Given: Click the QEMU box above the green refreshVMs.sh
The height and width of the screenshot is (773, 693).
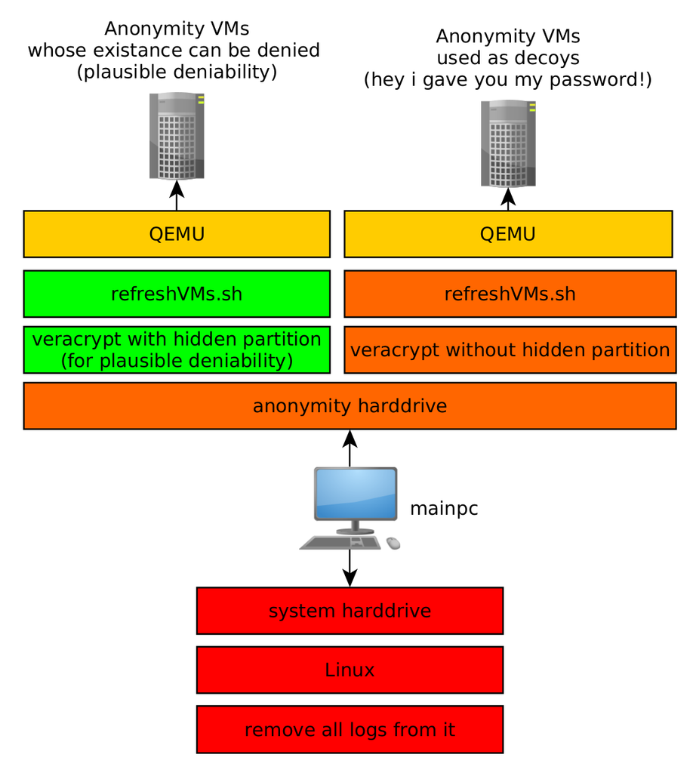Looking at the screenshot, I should coord(177,234).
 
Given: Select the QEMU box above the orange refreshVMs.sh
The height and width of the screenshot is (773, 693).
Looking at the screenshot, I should coord(507,234).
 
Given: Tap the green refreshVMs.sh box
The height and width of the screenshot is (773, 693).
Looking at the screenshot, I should coord(177,294).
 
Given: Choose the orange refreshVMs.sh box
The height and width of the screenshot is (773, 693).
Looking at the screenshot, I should coord(510,294).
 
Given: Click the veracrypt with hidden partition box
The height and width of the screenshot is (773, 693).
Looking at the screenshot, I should coord(177,350).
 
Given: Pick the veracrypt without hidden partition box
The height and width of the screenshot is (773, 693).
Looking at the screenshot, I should coord(510,350).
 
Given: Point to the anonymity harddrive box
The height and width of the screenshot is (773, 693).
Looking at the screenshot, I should coord(350,406).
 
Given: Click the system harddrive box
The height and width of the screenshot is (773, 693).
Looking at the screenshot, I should coord(350,611).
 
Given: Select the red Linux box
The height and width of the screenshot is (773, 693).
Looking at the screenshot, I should coord(350,670).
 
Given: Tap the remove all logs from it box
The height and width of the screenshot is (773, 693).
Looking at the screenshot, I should coord(350,729).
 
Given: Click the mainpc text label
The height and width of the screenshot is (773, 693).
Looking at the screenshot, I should coord(443,510).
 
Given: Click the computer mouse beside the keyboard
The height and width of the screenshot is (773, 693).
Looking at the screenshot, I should coord(393,543).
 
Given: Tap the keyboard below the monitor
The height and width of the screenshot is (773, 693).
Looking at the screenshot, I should coord(341,542).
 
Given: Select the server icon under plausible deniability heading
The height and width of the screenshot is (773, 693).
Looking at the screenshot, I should coord(177,136).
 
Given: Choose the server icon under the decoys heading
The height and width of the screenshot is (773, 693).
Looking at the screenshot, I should coord(508,143).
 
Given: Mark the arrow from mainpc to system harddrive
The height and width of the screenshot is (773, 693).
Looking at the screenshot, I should coord(350,568).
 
